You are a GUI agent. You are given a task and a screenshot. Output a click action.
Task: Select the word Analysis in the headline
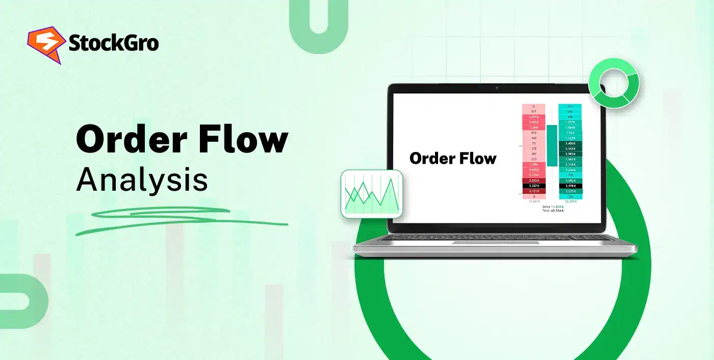[x=142, y=179]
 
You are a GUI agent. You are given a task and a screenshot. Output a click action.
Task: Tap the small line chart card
[x=372, y=194]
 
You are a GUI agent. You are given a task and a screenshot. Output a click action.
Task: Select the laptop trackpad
[x=495, y=243]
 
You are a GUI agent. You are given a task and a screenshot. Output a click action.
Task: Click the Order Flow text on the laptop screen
[x=453, y=158]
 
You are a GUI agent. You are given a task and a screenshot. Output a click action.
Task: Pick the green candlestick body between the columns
[x=552, y=145]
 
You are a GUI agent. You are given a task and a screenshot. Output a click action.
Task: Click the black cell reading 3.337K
[x=534, y=186]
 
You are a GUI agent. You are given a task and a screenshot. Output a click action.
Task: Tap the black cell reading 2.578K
[x=570, y=186]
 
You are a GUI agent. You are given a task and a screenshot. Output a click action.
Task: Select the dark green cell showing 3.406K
[x=570, y=143]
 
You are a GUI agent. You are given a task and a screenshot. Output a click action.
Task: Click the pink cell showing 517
[x=534, y=112]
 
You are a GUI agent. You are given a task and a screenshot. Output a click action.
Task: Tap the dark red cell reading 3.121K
[x=534, y=191]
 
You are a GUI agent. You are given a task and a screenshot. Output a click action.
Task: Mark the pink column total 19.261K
[x=534, y=201]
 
